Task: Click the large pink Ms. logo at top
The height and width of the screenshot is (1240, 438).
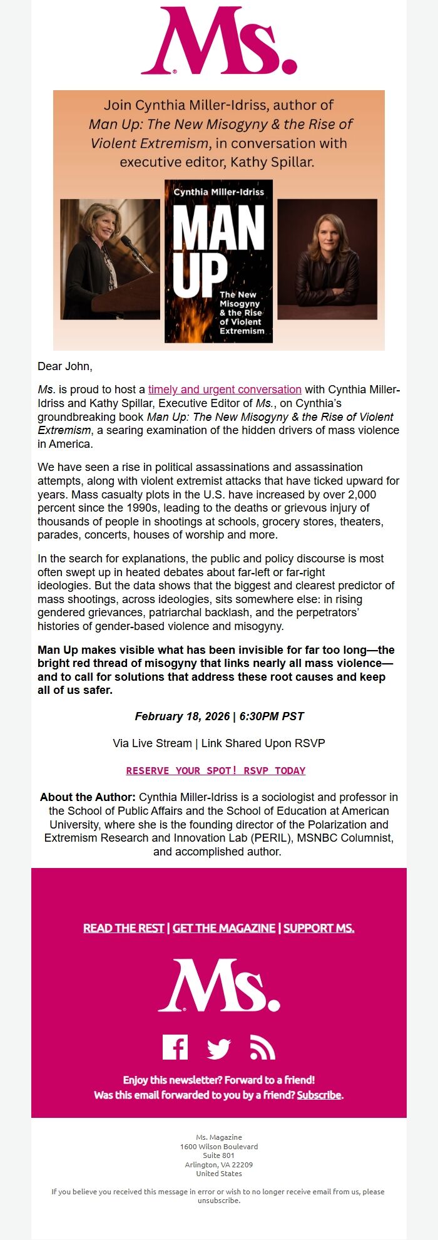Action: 219,41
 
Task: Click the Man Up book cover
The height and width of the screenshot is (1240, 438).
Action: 218,261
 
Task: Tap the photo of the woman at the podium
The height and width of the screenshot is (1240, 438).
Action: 110,259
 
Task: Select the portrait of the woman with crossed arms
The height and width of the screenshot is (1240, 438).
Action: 327,259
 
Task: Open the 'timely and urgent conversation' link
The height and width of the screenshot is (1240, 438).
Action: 225,390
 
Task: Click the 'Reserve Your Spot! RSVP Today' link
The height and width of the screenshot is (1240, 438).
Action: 216,770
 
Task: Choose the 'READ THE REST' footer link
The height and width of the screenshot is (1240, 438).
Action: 124,928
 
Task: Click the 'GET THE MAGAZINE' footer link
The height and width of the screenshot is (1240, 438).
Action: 224,928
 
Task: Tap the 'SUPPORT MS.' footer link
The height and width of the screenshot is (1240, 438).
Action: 318,928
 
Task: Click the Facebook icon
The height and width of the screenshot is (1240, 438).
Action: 175,1047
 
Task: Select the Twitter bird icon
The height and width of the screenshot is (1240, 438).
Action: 219,1048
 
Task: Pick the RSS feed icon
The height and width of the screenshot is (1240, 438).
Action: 262,1047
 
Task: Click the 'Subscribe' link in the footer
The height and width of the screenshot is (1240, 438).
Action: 319,1095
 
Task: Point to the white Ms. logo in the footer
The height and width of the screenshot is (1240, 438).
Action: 219,985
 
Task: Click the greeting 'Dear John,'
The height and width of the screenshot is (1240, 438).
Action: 65,366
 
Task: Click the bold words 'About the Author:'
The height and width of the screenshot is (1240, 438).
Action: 88,797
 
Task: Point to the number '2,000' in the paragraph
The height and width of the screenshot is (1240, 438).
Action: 362,495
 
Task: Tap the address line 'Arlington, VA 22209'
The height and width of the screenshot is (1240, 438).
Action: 219,1165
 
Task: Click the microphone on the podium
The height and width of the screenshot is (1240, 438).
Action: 131,244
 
